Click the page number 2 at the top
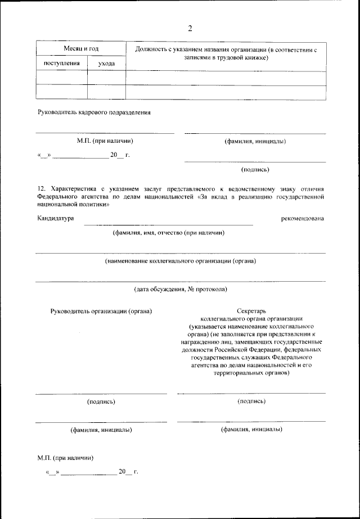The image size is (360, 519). (x=190, y=29)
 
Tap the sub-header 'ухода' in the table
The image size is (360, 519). (x=106, y=64)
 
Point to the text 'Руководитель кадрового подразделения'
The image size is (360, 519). (x=94, y=112)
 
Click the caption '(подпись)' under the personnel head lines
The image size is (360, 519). (x=255, y=169)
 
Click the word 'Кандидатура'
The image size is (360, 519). (x=56, y=218)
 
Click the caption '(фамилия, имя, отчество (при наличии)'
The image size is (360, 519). (x=169, y=232)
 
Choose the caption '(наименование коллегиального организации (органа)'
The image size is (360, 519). (x=181, y=261)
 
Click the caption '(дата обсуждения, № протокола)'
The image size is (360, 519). (x=180, y=289)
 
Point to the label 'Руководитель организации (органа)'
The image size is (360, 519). (x=101, y=310)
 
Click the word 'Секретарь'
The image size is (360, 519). (x=251, y=310)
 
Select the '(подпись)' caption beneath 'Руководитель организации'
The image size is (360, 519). (x=101, y=401)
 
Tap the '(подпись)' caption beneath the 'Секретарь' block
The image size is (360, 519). (x=251, y=401)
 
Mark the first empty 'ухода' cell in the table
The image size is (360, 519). (x=106, y=77)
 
